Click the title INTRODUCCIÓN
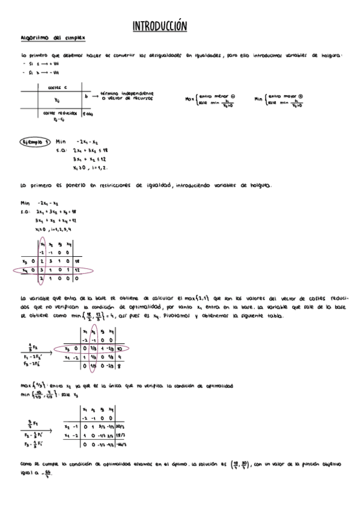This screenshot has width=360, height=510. (159, 26)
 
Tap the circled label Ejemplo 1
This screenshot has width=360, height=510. (35, 142)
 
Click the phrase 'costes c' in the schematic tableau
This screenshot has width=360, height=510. (56, 87)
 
